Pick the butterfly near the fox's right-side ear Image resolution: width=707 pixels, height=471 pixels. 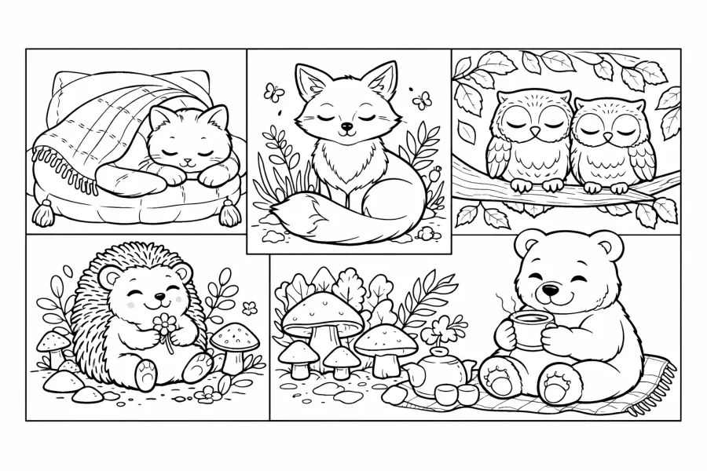click(x=422, y=100)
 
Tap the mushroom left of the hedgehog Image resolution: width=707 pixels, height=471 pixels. click(x=54, y=344)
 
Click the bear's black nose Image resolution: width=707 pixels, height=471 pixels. click(x=552, y=292)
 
